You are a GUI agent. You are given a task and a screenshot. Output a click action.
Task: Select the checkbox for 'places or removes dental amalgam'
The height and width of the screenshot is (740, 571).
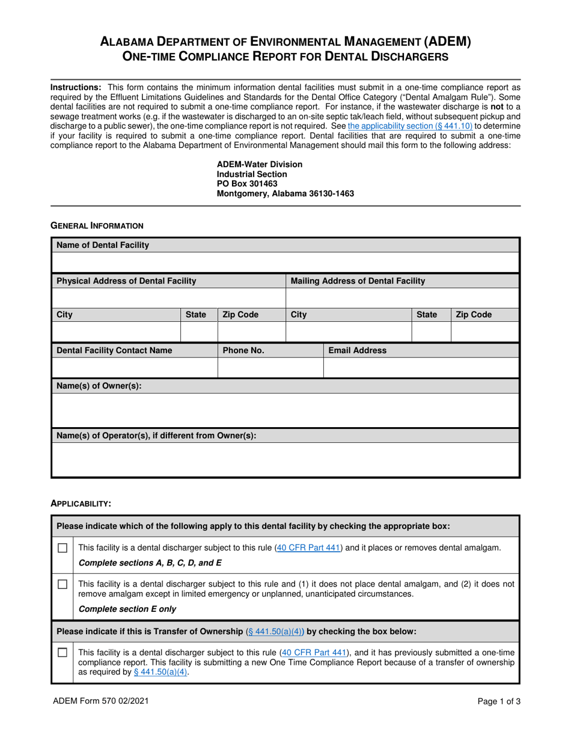click(62, 548)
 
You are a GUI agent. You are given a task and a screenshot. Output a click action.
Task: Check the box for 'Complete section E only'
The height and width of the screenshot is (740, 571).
click(62, 584)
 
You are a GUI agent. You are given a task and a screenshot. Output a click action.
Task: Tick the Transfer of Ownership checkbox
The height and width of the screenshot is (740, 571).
click(62, 653)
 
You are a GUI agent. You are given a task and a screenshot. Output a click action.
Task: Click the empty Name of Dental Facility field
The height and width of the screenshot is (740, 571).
click(285, 263)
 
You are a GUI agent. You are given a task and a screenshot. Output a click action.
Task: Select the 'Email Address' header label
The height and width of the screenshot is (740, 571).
click(357, 350)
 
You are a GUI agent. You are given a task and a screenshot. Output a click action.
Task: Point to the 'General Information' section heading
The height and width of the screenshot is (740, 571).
click(97, 226)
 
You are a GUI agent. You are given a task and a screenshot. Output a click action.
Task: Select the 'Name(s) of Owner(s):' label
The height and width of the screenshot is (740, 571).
click(99, 386)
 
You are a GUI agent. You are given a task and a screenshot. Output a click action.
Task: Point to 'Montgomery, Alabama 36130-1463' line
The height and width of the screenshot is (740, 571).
click(285, 194)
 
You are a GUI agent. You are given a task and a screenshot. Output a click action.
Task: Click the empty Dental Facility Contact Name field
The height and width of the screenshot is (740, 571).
click(134, 368)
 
